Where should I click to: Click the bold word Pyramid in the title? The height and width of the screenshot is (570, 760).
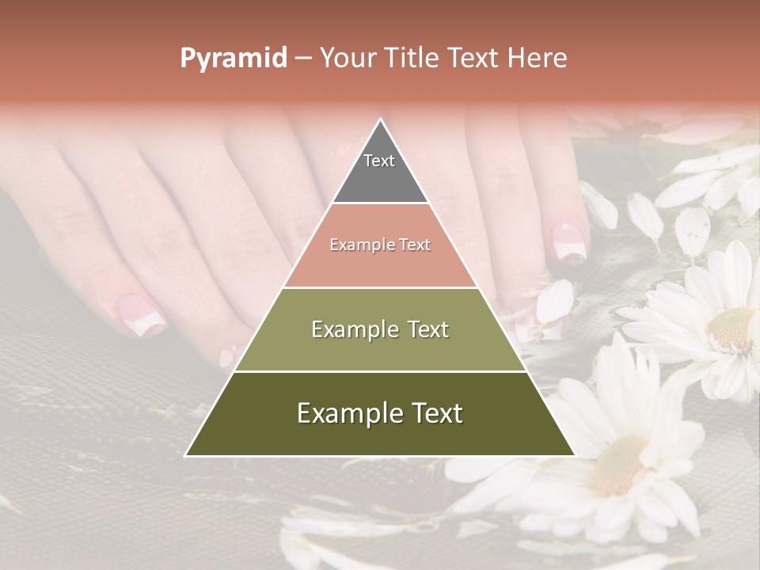pos(233,59)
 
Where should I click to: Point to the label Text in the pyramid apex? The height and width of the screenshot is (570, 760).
pos(379,161)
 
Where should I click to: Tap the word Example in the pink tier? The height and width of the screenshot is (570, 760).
pos(355,245)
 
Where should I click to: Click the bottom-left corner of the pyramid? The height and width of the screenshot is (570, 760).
pos(186,455)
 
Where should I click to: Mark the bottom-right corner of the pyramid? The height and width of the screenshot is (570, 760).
pos(574,455)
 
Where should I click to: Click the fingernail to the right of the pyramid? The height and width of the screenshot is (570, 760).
pos(568,241)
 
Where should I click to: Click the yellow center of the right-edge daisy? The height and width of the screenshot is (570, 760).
pos(732,329)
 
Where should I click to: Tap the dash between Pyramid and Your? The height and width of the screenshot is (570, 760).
pos(302,59)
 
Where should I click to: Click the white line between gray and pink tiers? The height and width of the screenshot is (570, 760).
pos(380,203)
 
